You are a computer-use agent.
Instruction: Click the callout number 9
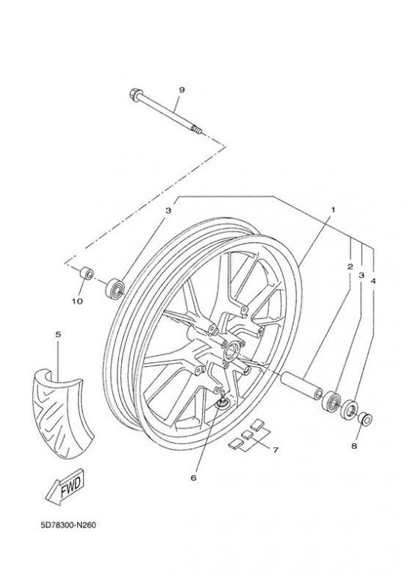182,90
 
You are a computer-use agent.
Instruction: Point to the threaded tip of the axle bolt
198,129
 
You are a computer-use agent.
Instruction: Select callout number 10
77,301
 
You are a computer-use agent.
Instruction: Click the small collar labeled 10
87,273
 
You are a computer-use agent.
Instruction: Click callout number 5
58,335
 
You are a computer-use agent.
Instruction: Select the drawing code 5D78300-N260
68,525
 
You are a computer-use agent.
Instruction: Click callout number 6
194,477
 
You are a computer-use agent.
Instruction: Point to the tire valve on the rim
221,400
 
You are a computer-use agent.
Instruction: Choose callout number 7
275,450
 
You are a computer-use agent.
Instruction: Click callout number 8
354,446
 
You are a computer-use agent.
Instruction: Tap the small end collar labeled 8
366,418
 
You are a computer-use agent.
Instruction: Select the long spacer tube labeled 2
302,386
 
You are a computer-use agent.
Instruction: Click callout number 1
333,210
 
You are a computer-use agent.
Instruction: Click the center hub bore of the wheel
232,350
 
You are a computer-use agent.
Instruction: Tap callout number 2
350,267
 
